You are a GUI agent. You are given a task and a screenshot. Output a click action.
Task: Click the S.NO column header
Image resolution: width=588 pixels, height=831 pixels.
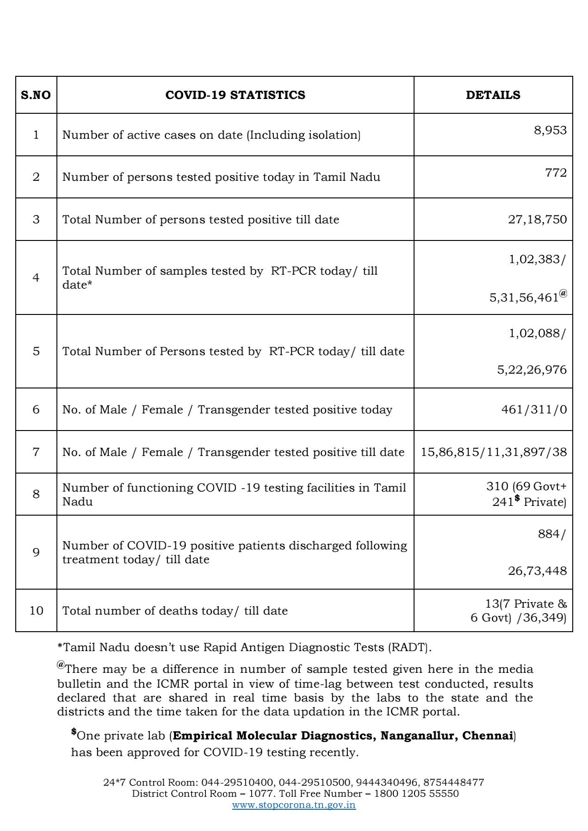36,95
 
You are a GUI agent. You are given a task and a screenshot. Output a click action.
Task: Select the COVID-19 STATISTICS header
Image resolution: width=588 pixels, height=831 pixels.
235,95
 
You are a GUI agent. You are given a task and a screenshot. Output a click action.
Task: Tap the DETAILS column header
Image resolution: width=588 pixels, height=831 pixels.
493,95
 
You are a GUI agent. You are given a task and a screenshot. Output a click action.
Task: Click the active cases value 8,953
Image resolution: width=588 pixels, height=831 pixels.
550,130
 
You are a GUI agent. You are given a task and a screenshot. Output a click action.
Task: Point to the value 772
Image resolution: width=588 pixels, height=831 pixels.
556,173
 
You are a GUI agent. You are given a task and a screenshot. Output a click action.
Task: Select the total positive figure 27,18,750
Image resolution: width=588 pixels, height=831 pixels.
537,219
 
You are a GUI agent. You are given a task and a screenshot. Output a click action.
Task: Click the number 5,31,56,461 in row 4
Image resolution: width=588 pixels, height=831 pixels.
524,297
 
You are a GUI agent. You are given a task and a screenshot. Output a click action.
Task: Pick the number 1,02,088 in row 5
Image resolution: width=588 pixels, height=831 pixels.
534,333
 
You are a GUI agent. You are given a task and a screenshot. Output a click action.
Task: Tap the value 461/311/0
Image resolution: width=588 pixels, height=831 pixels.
534,410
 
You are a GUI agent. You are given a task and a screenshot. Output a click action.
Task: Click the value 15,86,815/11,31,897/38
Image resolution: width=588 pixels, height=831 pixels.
493,452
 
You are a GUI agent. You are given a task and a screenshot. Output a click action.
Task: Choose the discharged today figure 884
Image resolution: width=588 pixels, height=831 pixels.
549,534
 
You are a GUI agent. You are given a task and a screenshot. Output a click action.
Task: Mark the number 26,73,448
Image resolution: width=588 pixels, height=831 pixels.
537,571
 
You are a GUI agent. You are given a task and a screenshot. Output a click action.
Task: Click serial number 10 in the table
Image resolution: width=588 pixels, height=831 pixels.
36,611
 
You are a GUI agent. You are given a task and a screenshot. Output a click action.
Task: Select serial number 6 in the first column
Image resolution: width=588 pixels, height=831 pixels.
36,410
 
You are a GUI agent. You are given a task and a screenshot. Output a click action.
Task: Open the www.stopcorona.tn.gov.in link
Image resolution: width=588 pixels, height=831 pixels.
294,805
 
